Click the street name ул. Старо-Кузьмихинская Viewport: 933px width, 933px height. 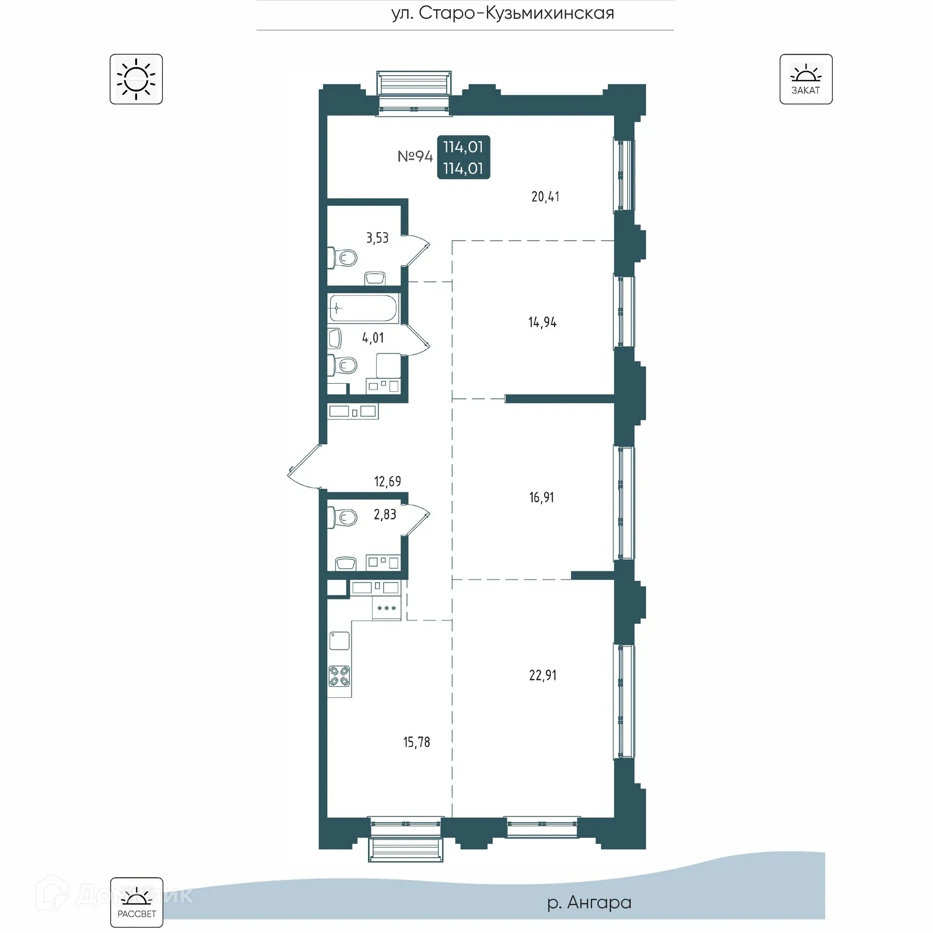pos(503,13)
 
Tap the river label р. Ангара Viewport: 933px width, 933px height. pos(589,902)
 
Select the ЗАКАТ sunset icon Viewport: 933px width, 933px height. pos(806,79)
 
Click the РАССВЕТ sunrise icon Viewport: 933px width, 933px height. pos(136,902)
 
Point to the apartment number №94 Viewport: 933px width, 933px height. pos(415,156)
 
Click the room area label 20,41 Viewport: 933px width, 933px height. pos(545,197)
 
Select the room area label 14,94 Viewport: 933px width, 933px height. pos(542,322)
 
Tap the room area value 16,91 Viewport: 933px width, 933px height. pos(542,497)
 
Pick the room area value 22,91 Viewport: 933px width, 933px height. pos(543,675)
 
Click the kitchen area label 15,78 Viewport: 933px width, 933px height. pos(416,742)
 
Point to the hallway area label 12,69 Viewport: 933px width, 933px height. pos(387,481)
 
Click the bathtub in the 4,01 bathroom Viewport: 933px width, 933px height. pos(363,308)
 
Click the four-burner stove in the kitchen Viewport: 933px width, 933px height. pos(339,676)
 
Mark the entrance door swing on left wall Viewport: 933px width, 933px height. pos(303,466)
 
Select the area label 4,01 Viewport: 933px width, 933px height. pos(373,338)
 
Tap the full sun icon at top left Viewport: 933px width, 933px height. pos(136,79)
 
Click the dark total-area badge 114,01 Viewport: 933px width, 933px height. pos(464,157)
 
